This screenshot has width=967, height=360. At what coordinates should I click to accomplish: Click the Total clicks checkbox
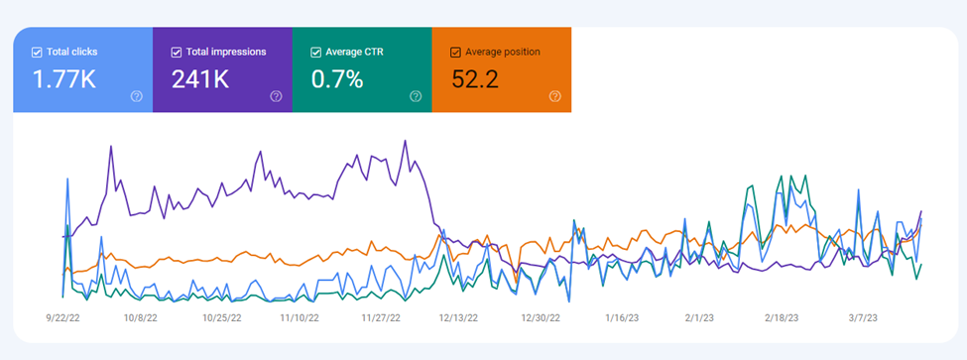pos(37,53)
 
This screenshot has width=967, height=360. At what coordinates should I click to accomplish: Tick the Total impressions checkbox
pos(176,53)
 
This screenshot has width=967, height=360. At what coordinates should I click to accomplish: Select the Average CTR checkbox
pos(315,53)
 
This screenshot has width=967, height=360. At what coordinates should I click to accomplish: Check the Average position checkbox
pos(456,53)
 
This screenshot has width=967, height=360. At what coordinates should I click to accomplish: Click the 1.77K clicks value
pos(64,79)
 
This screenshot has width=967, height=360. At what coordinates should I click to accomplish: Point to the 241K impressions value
pos(200,79)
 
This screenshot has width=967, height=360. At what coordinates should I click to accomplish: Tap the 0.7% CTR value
pos(337,79)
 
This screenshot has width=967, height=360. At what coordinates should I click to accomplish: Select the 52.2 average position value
pos(475,79)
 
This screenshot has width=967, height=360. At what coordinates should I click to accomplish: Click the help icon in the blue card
pos(136,96)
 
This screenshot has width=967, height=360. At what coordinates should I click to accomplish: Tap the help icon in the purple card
pos(276,96)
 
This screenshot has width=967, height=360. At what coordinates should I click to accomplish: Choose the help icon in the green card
pos(416,96)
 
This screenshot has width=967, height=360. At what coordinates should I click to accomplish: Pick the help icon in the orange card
pos(555,96)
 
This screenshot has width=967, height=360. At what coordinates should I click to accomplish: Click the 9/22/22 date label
pos(62,318)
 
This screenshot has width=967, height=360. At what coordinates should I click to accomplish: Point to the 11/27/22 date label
pos(381,318)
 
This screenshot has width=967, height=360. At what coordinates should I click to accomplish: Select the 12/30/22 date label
pos(541,318)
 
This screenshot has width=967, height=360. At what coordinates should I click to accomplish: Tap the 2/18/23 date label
pos(782,318)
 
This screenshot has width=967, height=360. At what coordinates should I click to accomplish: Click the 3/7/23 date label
pos(862,318)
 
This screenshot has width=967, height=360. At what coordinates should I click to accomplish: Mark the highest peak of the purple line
pos(406,141)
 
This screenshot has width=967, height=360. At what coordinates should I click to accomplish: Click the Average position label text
pos(503,53)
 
